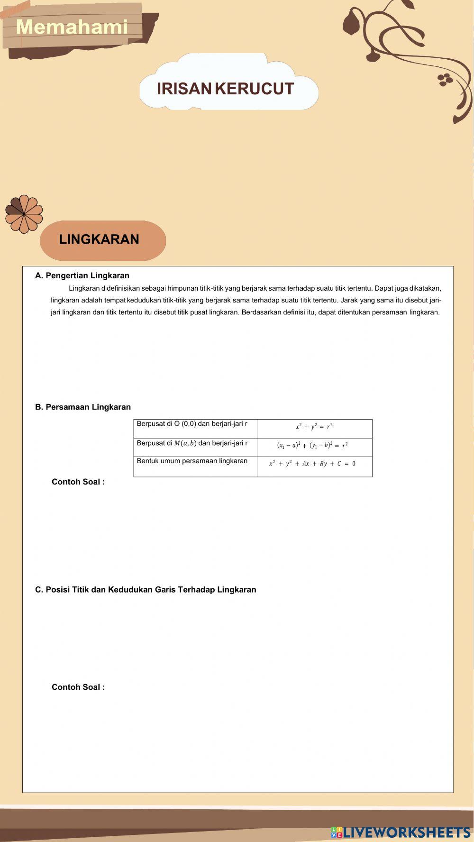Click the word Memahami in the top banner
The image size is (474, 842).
[x=72, y=27]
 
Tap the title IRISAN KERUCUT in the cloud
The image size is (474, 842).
[x=225, y=89]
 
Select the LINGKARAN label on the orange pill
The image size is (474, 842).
[x=99, y=239]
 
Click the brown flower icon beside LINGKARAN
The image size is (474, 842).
[x=24, y=214]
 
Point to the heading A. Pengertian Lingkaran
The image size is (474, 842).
[x=82, y=275]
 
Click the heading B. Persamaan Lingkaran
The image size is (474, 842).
[x=83, y=407]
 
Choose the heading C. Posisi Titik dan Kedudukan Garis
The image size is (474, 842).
[x=146, y=589]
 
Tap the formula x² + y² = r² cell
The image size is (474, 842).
[x=314, y=427]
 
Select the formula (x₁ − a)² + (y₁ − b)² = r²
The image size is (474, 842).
[x=312, y=445]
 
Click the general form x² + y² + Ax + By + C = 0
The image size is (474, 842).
[x=312, y=464]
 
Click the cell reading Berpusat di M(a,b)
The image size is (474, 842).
[x=192, y=443]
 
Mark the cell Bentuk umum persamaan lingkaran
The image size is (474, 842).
[x=192, y=461]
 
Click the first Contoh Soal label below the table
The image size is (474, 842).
[x=78, y=482]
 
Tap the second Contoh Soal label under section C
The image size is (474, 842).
[x=78, y=687]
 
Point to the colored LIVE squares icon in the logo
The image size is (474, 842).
[x=337, y=832]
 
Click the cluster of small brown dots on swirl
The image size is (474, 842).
[x=445, y=79]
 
